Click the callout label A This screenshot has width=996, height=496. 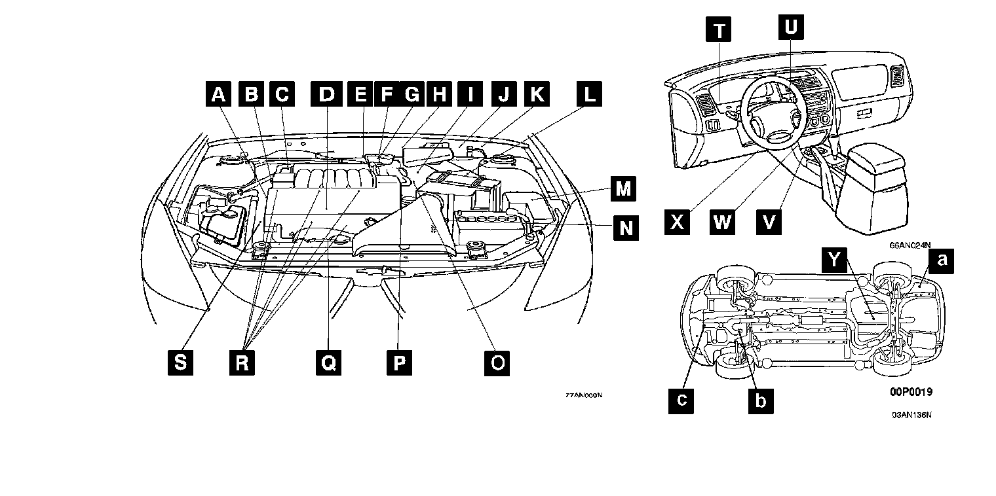[x=218, y=95]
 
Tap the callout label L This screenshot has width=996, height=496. [x=590, y=95]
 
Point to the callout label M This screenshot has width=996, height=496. [x=624, y=190]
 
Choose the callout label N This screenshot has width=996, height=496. [x=626, y=228]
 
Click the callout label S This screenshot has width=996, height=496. [x=180, y=362]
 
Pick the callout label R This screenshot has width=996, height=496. [x=242, y=362]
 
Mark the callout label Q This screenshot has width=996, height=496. [x=328, y=362]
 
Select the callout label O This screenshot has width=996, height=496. [x=497, y=362]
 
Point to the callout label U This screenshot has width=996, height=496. [x=791, y=27]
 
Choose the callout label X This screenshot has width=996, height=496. [x=677, y=222]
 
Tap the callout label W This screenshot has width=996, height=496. [x=723, y=222]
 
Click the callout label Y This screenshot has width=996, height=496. [x=833, y=260]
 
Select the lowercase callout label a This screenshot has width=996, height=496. [x=942, y=260]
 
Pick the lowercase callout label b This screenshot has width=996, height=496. [x=760, y=399]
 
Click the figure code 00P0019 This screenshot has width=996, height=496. [x=911, y=392]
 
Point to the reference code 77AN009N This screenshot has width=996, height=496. [x=584, y=395]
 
